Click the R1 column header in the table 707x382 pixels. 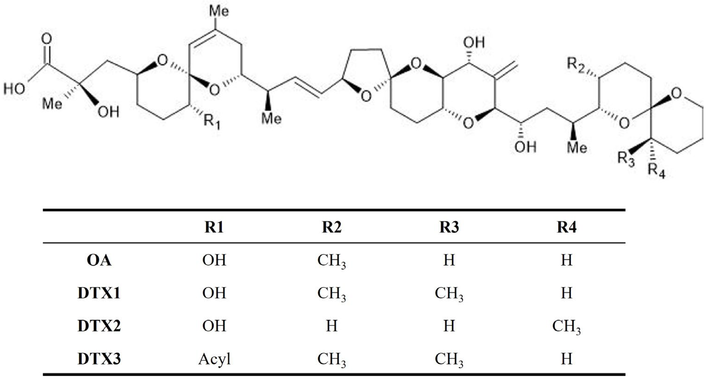[x=214, y=227]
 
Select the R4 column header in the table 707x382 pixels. [x=567, y=227]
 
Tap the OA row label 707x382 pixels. [x=99, y=260]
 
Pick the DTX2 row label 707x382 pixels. [x=99, y=326]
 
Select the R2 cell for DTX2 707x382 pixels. [x=332, y=326]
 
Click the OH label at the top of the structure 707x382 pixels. [x=474, y=43]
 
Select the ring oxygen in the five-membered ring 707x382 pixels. [x=366, y=96]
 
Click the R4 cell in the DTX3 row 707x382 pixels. [x=567, y=359]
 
